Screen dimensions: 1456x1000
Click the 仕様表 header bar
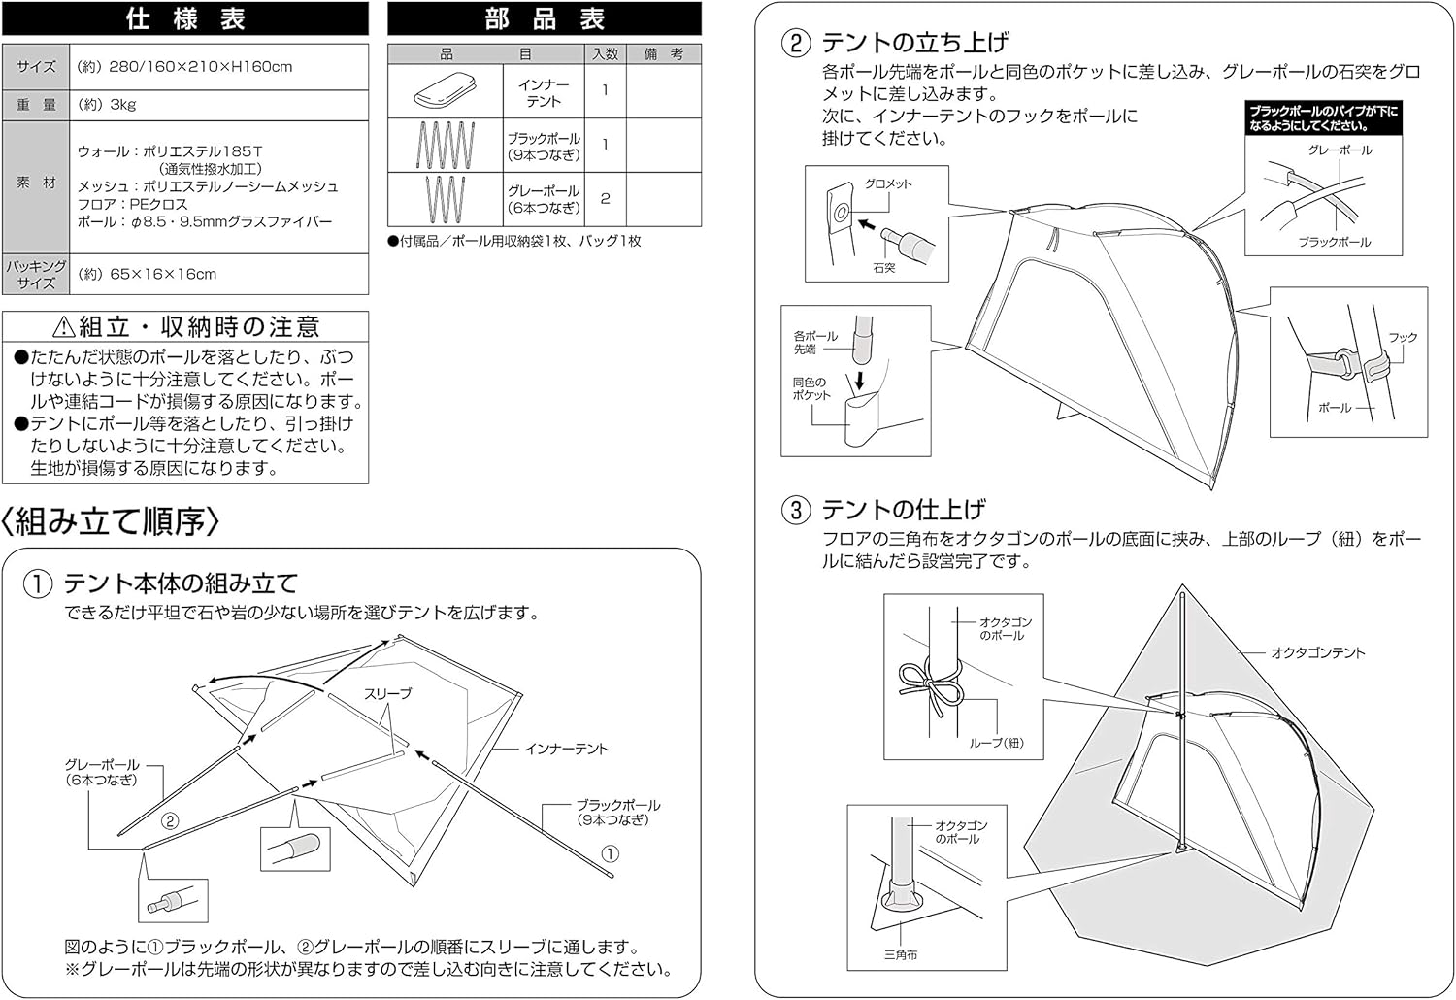click(185, 18)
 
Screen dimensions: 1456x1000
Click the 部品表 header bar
click(544, 18)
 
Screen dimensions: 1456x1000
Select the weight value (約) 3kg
click(106, 105)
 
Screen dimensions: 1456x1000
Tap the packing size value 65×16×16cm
click(147, 274)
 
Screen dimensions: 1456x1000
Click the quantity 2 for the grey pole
click(605, 199)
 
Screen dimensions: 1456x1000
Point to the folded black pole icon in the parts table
click(446, 145)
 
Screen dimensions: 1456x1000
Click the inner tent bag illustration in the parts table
click(446, 90)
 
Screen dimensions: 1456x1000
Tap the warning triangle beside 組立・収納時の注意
click(64, 326)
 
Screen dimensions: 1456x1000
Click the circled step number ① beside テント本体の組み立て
click(38, 583)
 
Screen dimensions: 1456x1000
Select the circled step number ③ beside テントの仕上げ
click(796, 510)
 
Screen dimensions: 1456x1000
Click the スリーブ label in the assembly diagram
click(387, 694)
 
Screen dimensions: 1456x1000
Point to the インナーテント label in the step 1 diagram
click(566, 749)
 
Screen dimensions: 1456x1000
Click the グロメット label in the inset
click(888, 184)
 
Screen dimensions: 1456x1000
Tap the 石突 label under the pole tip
click(884, 267)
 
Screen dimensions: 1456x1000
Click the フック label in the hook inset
click(1403, 338)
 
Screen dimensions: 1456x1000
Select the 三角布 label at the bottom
click(901, 954)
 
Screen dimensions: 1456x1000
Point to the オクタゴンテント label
click(1317, 652)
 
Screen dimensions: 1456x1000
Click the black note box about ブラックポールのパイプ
click(1323, 118)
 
